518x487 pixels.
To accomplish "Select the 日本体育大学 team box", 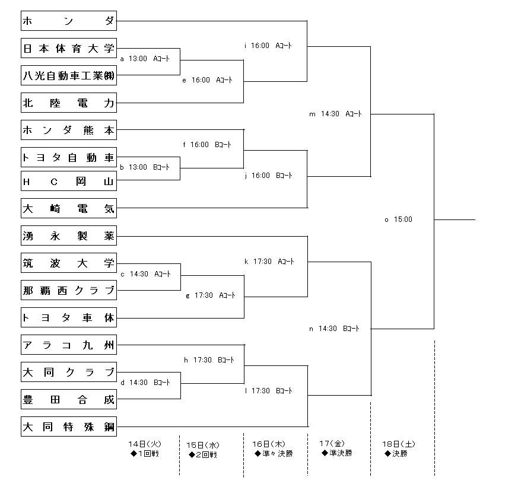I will (x=68, y=48).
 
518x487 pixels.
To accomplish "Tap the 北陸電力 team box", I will (x=68, y=103).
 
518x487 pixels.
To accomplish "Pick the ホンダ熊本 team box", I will (x=68, y=130).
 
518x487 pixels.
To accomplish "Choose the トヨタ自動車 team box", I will (x=68, y=157).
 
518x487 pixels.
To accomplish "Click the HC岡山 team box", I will (x=68, y=182).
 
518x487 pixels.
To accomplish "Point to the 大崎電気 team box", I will (x=68, y=208).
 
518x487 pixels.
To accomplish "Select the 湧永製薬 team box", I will (x=68, y=235).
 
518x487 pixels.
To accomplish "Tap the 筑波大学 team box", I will (x=68, y=263).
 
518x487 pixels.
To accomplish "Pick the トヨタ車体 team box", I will (x=68, y=317).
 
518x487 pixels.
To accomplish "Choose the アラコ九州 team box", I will (x=68, y=345).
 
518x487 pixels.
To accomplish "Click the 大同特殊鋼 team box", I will (x=68, y=426).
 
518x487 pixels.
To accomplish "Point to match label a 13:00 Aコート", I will (x=145, y=59).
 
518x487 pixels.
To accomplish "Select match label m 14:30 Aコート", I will (x=335, y=114).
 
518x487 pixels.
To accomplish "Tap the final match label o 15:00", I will (x=398, y=219).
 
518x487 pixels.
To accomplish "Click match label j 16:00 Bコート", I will (x=268, y=176).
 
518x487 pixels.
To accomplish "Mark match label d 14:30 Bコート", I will (x=145, y=383).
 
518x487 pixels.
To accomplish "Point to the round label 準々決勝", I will (x=274, y=454).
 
